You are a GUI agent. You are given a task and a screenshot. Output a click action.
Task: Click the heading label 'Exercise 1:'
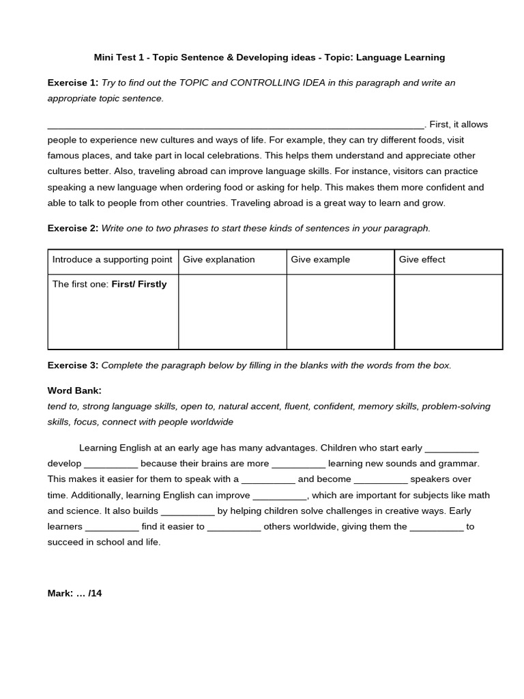(x=72, y=83)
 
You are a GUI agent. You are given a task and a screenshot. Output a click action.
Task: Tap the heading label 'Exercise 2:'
(x=72, y=228)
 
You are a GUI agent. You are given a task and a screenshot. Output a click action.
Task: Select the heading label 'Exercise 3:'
(x=72, y=365)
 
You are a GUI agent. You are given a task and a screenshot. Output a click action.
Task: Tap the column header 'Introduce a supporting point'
(x=112, y=259)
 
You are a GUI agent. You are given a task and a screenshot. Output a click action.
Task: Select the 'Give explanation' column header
(x=219, y=259)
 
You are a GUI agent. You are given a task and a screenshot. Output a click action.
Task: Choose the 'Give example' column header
(x=320, y=259)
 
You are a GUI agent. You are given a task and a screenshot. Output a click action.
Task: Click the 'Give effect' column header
(x=422, y=259)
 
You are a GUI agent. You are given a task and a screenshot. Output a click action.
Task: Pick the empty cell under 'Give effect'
(x=448, y=311)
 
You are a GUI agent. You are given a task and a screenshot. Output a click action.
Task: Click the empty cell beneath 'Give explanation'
(x=232, y=311)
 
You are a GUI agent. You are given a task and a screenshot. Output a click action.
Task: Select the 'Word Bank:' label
(x=74, y=390)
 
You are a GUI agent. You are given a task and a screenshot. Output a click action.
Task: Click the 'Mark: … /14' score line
(x=74, y=593)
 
